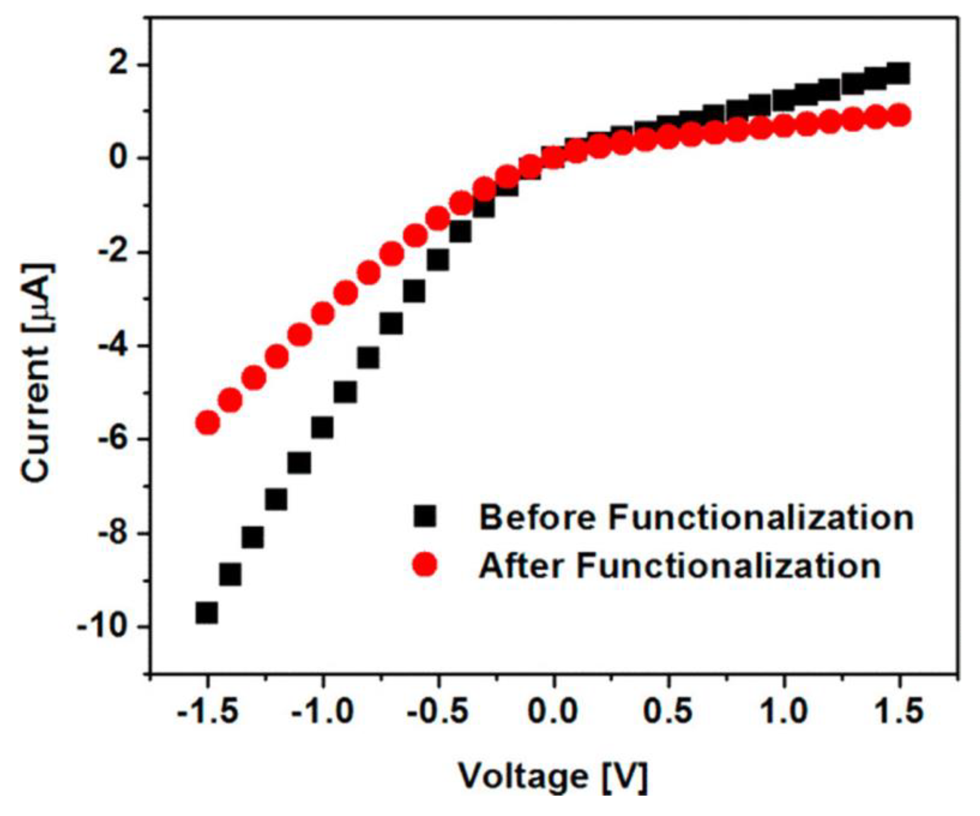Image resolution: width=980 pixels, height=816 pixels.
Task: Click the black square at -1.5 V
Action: [x=207, y=613]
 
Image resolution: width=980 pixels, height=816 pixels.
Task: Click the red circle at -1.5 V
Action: [x=208, y=423]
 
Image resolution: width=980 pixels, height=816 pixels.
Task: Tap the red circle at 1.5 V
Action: [x=899, y=115]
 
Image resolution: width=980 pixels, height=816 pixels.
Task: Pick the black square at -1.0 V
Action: [x=322, y=427]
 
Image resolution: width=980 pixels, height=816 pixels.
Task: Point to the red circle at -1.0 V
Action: [x=322, y=314]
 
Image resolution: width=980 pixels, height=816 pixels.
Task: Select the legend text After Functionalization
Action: [x=680, y=566]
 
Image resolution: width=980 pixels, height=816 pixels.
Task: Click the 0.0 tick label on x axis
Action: [x=553, y=711]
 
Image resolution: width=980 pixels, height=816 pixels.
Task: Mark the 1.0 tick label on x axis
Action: [x=784, y=711]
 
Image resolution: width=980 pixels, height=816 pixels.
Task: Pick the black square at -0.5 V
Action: [x=438, y=260]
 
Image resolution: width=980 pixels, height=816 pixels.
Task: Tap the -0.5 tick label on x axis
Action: [x=438, y=711]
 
